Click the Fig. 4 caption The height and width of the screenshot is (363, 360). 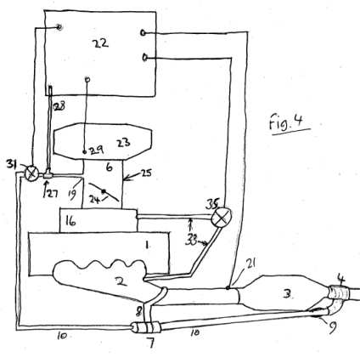pos(286,122)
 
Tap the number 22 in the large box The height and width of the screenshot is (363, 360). pos(100,43)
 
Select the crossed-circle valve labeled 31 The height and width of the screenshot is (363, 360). pos(31,173)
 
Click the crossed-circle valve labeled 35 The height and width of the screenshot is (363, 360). pos(222,218)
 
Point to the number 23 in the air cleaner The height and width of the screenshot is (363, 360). pos(123,142)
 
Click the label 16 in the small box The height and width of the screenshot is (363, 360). pos(70,221)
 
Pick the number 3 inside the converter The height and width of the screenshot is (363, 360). pos(287,294)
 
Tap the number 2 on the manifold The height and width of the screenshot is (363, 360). pos(121,281)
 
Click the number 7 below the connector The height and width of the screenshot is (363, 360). pos(151,343)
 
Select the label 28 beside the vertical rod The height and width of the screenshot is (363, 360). pos(59,106)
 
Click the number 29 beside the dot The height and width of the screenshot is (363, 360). pos(96,150)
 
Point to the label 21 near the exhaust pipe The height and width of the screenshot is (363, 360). pos(250,264)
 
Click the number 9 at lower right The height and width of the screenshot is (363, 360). pos(333,327)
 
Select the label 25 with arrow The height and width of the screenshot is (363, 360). pos(146,173)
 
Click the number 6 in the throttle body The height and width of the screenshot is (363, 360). pos(109,167)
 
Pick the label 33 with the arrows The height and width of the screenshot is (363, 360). pos(191,241)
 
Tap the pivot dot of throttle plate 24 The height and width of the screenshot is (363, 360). pos(104,191)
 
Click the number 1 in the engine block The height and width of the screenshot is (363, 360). pos(147,245)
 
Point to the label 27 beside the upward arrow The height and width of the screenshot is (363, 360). pos(53,194)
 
